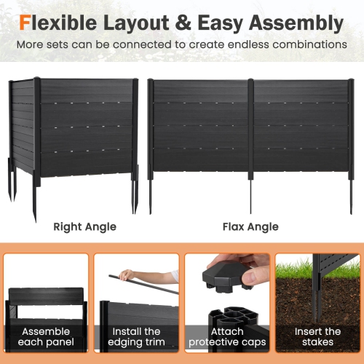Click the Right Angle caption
click(84, 226)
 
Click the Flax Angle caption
click(250, 226)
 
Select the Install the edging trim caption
click(137, 336)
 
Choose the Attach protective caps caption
click(226, 336)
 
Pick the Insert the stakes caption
click(317, 336)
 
